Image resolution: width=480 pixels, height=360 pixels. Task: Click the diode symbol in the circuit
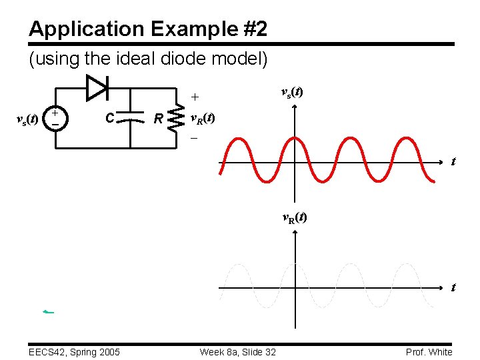click(x=97, y=86)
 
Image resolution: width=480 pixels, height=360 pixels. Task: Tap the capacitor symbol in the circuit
click(x=134, y=118)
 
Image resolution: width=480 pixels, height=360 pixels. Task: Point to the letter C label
click(x=110, y=119)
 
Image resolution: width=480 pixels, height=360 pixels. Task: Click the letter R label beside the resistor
click(x=158, y=120)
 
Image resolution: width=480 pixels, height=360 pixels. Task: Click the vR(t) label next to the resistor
click(x=203, y=119)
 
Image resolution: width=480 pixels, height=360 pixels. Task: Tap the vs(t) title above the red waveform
click(x=291, y=92)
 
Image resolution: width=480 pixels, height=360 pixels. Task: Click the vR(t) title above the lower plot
click(x=294, y=217)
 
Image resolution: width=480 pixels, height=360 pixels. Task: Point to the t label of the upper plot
click(x=453, y=161)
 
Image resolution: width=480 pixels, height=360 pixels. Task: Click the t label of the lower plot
click(x=453, y=287)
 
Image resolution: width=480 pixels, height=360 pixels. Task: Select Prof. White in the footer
click(x=429, y=351)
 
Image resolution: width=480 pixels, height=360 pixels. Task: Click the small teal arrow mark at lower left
click(x=47, y=311)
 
